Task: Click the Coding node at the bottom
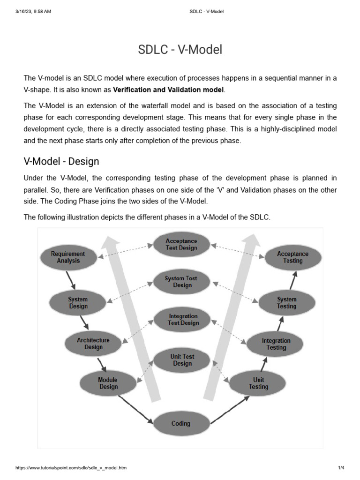click(181, 423)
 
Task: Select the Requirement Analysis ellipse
click(68, 257)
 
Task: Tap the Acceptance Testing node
click(293, 257)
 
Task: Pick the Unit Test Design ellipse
click(182, 360)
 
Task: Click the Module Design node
click(108, 383)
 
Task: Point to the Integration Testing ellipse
click(276, 344)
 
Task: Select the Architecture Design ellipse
click(93, 344)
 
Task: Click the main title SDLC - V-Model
click(180, 50)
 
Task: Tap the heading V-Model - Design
click(61, 162)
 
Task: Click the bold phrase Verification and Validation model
click(169, 89)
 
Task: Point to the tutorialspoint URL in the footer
click(71, 468)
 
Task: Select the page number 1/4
click(341, 468)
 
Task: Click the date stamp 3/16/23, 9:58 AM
click(33, 11)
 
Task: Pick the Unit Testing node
click(258, 383)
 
